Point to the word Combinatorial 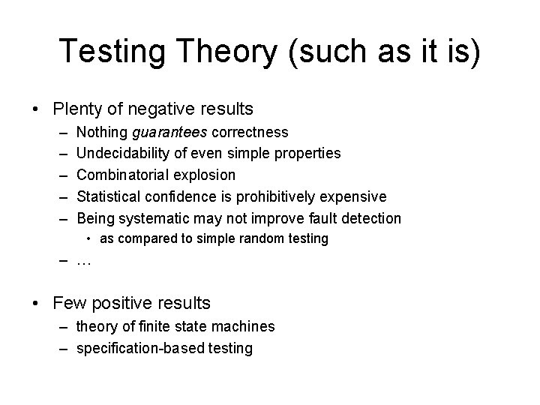(x=122, y=175)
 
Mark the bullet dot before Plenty (x=37, y=109)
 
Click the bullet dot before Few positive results (x=37, y=303)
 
